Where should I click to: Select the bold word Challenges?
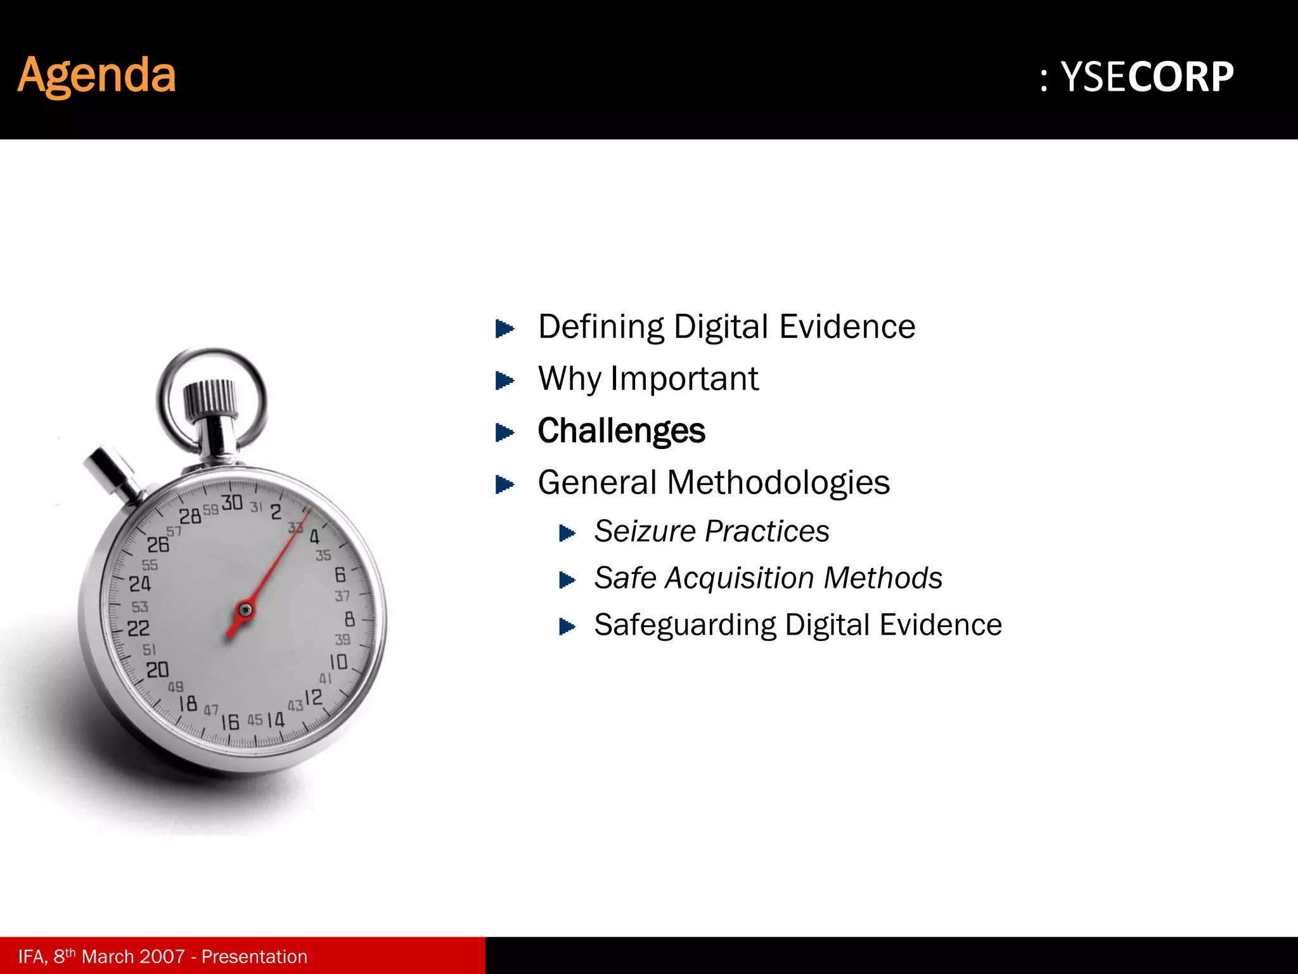point(621,431)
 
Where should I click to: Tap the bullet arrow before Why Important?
point(504,380)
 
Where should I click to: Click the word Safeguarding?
point(684,625)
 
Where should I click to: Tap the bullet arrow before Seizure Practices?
point(567,533)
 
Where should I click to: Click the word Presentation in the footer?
point(254,956)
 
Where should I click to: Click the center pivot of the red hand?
point(245,610)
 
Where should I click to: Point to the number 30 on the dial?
point(232,503)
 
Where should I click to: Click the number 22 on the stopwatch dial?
point(139,628)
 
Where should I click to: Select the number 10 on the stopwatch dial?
point(338,662)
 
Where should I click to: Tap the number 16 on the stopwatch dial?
point(230,722)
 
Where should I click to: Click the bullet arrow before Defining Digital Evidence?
point(504,328)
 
